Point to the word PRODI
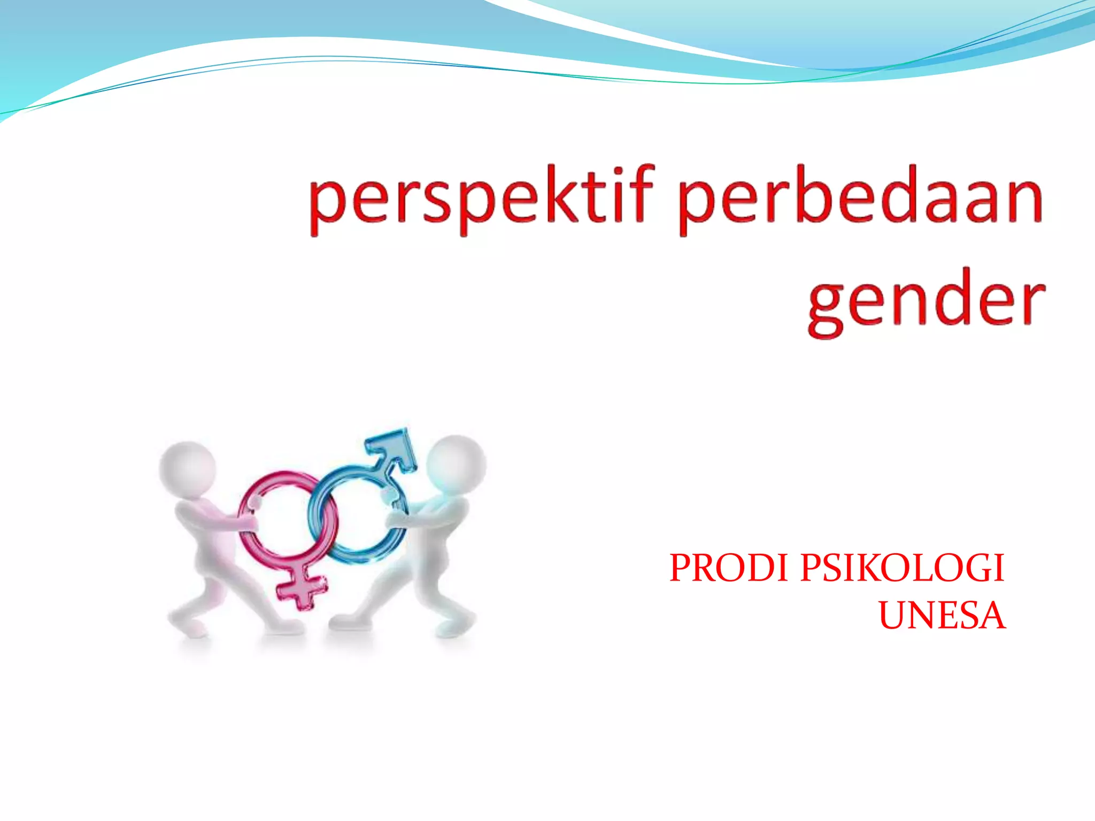(x=730, y=568)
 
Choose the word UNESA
(x=942, y=616)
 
